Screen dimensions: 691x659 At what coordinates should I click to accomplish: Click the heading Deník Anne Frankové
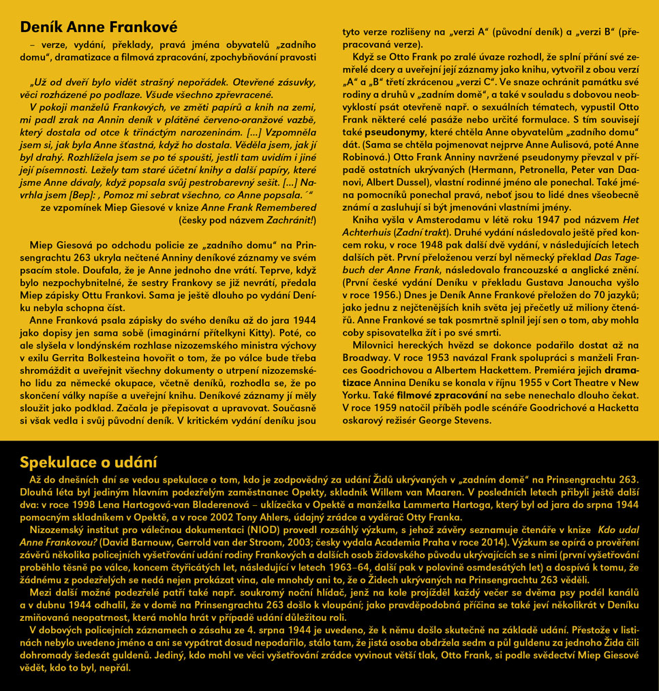click(x=98, y=27)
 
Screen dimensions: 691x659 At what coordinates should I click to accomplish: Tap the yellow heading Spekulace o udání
click(x=89, y=462)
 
